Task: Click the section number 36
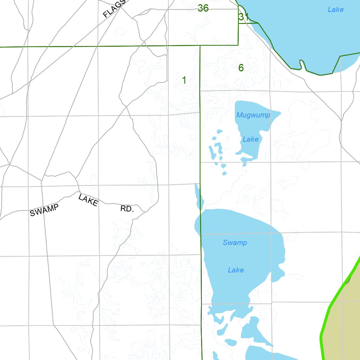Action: (x=203, y=8)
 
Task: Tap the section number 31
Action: (x=244, y=17)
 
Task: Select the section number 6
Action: (x=241, y=68)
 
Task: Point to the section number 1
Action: (x=184, y=80)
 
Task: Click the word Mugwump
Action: (x=253, y=115)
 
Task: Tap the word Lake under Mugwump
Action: (x=250, y=139)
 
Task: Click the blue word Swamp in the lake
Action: (x=235, y=243)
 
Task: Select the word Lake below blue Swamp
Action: (x=236, y=270)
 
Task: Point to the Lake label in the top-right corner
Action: (x=335, y=9)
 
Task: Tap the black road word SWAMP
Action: (x=44, y=210)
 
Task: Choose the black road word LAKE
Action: (x=88, y=200)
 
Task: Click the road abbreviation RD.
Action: (x=127, y=209)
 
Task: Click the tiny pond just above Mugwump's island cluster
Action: (x=220, y=131)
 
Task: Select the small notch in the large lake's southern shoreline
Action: (x=301, y=65)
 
